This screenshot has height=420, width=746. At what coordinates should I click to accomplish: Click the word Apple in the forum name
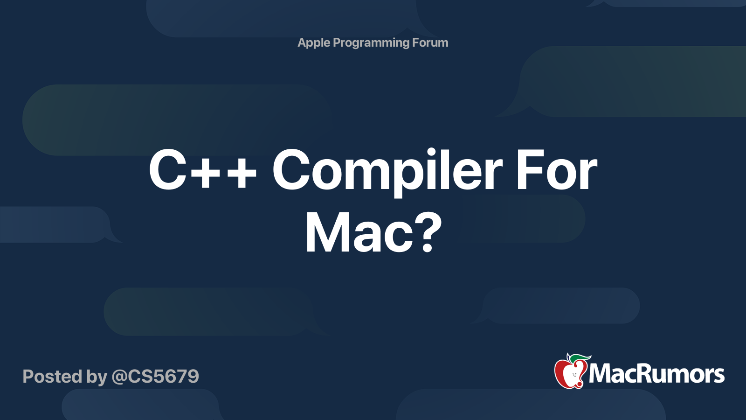click(x=314, y=42)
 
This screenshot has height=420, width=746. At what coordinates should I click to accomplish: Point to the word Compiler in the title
click(x=387, y=171)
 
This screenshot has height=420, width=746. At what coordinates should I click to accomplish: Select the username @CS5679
click(x=155, y=377)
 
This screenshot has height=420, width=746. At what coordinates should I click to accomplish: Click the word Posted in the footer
click(x=52, y=377)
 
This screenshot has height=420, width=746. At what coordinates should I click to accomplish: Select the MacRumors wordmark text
click(x=656, y=374)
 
